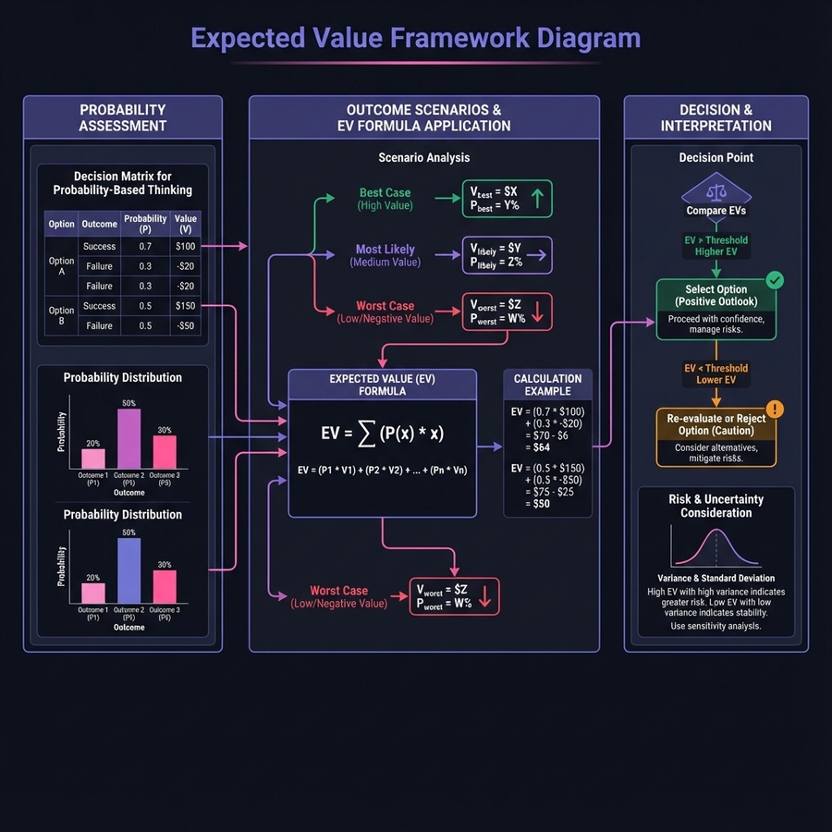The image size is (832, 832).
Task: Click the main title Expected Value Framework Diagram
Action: point(415,38)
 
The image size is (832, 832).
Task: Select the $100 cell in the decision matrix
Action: point(186,247)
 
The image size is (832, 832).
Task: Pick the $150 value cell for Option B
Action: point(186,306)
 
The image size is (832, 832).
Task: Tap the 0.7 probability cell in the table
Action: point(145,247)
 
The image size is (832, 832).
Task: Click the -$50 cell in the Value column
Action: point(186,326)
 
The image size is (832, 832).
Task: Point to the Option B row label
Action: point(62,315)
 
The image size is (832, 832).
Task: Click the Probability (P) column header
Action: point(145,224)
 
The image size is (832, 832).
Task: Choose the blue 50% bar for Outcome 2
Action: point(129,570)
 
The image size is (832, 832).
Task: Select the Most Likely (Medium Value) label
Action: point(385,255)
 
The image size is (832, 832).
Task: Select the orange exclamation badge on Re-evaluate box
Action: point(775,409)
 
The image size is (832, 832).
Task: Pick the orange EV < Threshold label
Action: point(716,373)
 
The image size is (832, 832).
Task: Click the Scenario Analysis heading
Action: point(423,158)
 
